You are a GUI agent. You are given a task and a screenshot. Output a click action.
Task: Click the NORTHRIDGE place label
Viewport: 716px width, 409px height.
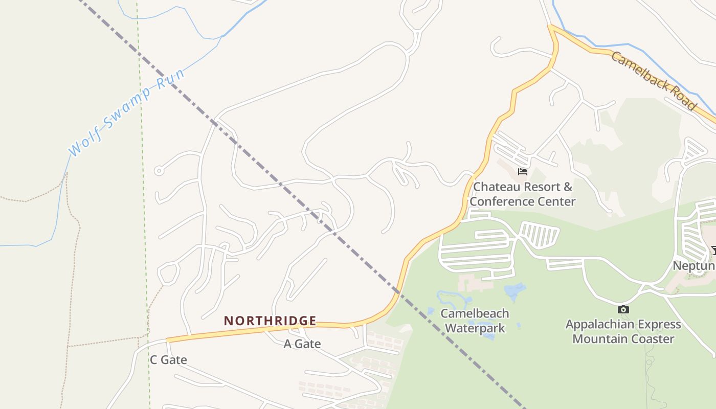pyautogui.click(x=270, y=321)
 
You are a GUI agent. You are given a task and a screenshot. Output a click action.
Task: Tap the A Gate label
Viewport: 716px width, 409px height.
pyautogui.click(x=302, y=344)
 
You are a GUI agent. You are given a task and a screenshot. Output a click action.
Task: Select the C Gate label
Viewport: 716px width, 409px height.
pyautogui.click(x=168, y=360)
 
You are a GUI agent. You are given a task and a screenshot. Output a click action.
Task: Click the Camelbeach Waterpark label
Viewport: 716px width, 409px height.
pyautogui.click(x=475, y=321)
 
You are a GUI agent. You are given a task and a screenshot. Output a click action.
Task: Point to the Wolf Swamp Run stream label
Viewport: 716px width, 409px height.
pyautogui.click(x=126, y=111)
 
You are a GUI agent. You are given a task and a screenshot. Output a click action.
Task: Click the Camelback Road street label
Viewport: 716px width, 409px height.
pyautogui.click(x=654, y=80)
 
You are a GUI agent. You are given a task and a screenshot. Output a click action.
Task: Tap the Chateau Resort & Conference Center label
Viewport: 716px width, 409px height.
pyautogui.click(x=522, y=194)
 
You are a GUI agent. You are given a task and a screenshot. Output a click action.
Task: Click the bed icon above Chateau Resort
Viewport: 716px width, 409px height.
pyautogui.click(x=522, y=171)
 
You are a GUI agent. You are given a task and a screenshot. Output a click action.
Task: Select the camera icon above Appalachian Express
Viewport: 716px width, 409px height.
pyautogui.click(x=623, y=309)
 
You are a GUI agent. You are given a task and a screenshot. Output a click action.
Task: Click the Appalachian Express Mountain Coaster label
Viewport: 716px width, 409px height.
pyautogui.click(x=623, y=331)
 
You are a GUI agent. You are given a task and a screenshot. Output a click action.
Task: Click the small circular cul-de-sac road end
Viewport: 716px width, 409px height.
pyautogui.click(x=159, y=171)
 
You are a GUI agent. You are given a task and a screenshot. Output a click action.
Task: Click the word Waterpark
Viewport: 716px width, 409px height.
pyautogui.click(x=475, y=328)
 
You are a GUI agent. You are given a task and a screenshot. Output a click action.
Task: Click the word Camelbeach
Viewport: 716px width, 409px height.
pyautogui.click(x=475, y=313)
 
